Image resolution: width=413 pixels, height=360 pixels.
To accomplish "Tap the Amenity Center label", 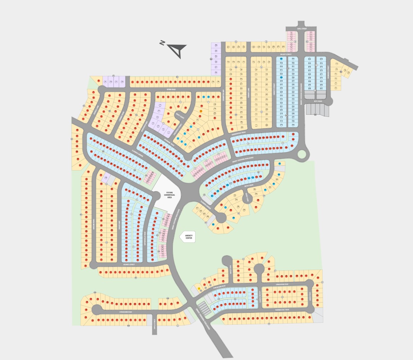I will click(188, 237).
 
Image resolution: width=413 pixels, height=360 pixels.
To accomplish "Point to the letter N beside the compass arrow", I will click(162, 43).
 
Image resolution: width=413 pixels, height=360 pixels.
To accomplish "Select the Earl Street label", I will click(302, 28).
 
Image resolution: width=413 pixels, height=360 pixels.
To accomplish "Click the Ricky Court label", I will click(180, 116).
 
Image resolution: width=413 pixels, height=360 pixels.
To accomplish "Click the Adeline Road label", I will click(94, 224).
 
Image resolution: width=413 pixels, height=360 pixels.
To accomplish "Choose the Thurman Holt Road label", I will click(282, 309).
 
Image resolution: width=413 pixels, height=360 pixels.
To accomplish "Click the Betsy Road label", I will click(249, 185).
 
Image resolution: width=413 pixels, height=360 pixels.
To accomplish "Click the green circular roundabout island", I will click(302, 154).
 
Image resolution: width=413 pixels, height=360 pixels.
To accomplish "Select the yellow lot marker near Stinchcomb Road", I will click(199, 288).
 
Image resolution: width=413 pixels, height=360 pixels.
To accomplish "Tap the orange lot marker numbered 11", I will click(201, 111).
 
